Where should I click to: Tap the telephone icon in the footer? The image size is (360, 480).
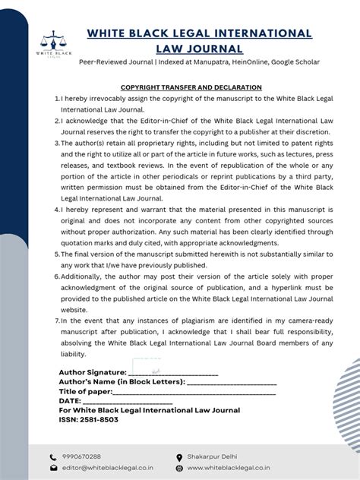point(53,457)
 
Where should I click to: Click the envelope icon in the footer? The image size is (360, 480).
point(53,469)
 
